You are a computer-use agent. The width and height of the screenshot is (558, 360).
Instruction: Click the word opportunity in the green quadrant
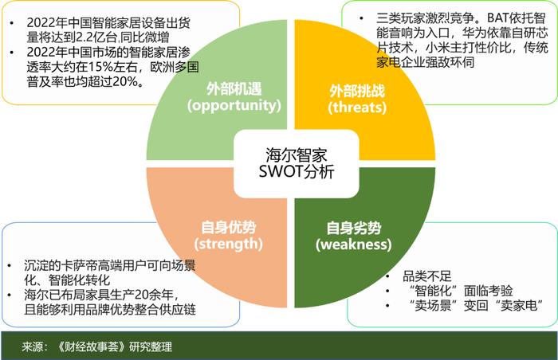(234, 105)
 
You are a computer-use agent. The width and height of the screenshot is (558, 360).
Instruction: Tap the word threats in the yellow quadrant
(357, 108)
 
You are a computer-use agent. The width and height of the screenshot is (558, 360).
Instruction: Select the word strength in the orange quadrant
(229, 244)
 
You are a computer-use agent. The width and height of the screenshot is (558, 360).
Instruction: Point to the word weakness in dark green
(354, 245)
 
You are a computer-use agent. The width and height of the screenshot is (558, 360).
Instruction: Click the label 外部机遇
(234, 89)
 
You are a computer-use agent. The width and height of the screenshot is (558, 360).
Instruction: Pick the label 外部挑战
(357, 91)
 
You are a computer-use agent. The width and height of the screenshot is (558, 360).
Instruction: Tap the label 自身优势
(229, 228)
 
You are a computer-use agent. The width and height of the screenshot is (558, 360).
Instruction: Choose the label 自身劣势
(354, 228)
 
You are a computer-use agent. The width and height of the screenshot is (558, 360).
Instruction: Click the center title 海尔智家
(296, 155)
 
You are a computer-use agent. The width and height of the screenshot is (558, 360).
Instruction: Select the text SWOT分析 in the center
(297, 172)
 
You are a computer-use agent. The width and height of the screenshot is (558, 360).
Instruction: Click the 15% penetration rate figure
(100, 67)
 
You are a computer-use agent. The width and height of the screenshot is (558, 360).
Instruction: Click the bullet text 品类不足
(427, 276)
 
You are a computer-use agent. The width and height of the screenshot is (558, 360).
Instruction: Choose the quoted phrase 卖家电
(518, 305)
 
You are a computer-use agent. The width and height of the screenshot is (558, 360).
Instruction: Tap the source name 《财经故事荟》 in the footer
(92, 346)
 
